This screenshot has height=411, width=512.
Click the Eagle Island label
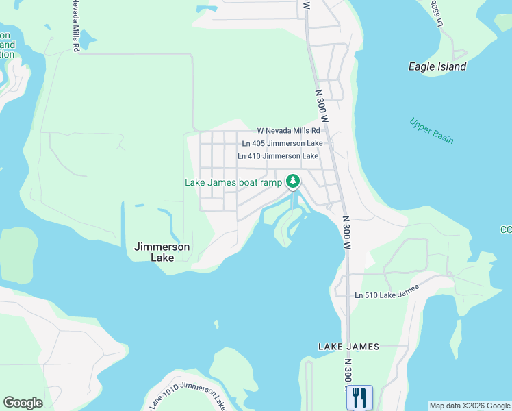click(x=437, y=66)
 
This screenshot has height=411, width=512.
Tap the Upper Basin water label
click(x=431, y=130)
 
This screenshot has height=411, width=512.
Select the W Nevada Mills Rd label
click(x=288, y=131)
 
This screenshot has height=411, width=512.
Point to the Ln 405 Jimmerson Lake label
click(x=282, y=144)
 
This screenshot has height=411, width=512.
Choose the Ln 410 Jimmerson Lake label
click(x=278, y=156)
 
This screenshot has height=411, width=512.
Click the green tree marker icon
click(x=293, y=182)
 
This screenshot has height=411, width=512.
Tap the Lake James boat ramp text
click(x=233, y=182)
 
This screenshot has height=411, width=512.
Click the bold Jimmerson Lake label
click(x=162, y=252)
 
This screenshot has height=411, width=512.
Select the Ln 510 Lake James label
click(x=387, y=296)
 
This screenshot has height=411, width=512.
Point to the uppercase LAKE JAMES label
click(x=348, y=347)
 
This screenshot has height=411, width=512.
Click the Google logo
click(x=23, y=403)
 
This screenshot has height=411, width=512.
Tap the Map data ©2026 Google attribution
click(x=470, y=406)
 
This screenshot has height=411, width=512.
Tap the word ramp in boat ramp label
click(x=270, y=182)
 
